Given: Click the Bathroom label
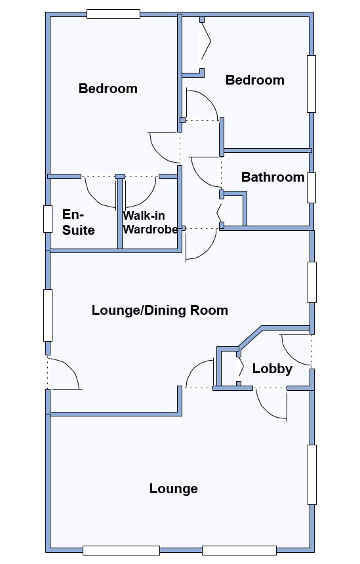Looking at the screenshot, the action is click(273, 177).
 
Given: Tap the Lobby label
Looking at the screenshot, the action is click(272, 369).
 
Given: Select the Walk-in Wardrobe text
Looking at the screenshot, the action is click(150, 222).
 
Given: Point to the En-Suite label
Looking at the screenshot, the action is click(78, 222).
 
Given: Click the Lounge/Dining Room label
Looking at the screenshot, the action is click(160, 310).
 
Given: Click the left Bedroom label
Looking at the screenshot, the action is click(108, 89).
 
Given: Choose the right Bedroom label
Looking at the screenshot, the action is click(254, 80).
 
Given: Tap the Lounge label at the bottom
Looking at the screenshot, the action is click(173, 489).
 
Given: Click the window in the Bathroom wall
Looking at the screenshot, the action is click(311, 188).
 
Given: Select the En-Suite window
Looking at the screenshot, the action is click(48, 218).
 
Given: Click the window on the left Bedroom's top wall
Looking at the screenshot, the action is click(113, 14).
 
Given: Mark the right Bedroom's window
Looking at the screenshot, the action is click(311, 84).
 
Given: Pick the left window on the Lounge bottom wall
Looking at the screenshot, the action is click(121, 550).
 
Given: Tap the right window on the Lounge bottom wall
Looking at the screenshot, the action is click(239, 550).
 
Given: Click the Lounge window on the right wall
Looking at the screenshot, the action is click(312, 475).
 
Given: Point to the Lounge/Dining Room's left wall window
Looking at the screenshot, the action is click(48, 315).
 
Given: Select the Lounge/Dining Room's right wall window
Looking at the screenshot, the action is click(312, 283).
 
